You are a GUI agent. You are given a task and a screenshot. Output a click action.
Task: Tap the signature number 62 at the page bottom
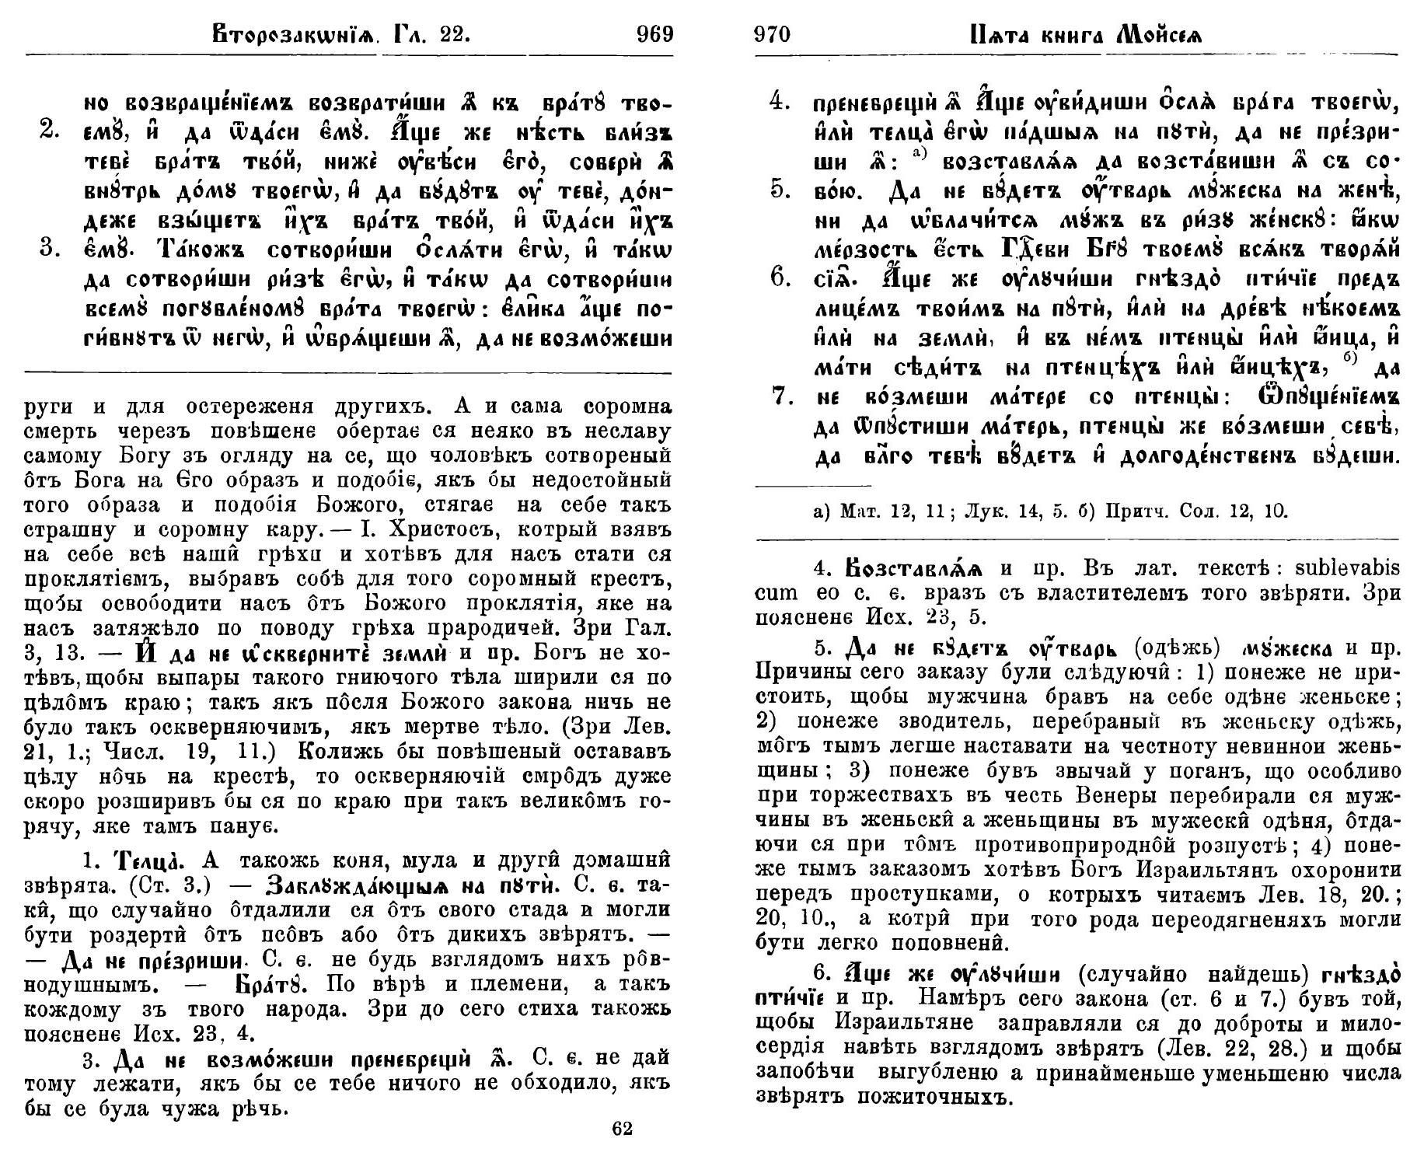[x=622, y=1130]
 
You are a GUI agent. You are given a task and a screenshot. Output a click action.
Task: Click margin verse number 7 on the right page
[x=780, y=396]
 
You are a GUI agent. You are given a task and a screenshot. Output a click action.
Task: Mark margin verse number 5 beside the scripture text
[x=780, y=189]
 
